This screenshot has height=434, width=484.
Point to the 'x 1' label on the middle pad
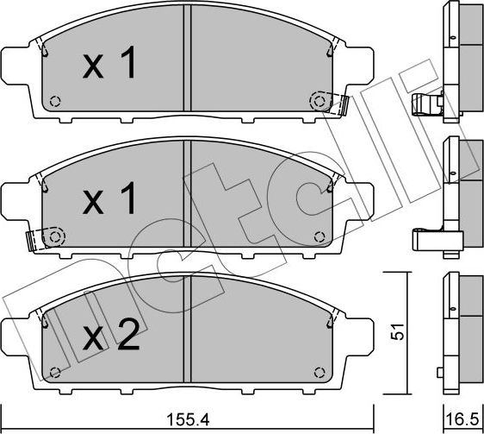(x=109, y=201)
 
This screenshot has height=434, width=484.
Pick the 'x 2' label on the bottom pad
(x=109, y=336)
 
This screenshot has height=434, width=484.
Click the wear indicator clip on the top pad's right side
(x=342, y=105)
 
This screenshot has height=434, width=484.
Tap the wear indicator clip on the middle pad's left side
(x=33, y=238)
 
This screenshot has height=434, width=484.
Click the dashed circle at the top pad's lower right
(x=320, y=102)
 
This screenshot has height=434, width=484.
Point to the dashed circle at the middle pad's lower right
(x=320, y=236)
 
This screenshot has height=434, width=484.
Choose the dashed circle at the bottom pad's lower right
(x=320, y=371)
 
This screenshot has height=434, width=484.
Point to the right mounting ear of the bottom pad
(x=359, y=332)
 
